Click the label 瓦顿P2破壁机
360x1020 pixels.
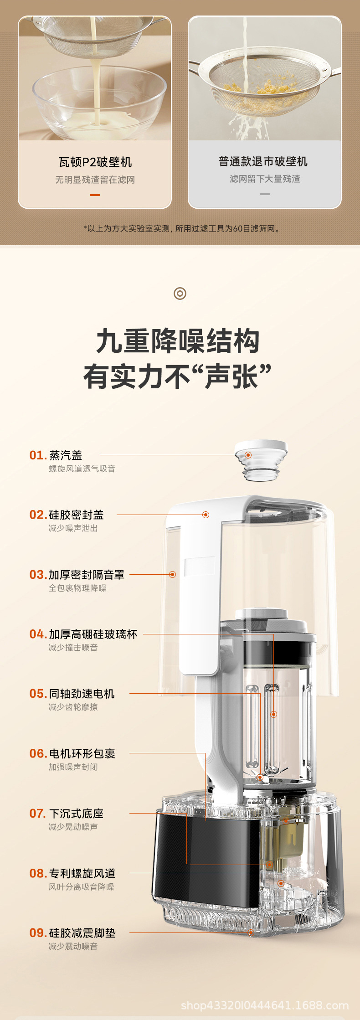pyautogui.click(x=95, y=162)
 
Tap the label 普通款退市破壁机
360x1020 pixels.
pyautogui.click(x=263, y=161)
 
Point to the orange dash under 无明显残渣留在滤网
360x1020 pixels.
pyautogui.click(x=95, y=195)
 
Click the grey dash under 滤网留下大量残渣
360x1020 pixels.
pyautogui.click(x=265, y=194)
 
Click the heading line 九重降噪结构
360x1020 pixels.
pyautogui.click(x=178, y=341)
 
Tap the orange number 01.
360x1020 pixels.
pyautogui.click(x=38, y=455)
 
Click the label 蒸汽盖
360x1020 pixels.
pyautogui.click(x=66, y=455)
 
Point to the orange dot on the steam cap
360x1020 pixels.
pyautogui.click(x=248, y=455)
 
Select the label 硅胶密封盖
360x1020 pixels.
pyautogui.click(x=76, y=515)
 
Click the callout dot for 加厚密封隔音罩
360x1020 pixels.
pyautogui.click(x=172, y=574)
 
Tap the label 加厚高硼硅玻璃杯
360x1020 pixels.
pyautogui.click(x=93, y=634)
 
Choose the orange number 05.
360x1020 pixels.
pyautogui.click(x=38, y=694)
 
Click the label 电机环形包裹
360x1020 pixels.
pyautogui.click(x=82, y=754)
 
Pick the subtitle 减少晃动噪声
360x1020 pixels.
pyautogui.click(x=73, y=827)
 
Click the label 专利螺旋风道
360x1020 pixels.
pyautogui.click(x=82, y=873)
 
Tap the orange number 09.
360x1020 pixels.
pyautogui.click(x=38, y=933)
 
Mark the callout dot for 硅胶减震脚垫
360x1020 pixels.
pyautogui.click(x=251, y=932)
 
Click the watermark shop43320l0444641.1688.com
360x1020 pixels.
pyautogui.click(x=265, y=1005)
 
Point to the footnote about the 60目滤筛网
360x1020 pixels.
pyautogui.click(x=182, y=228)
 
